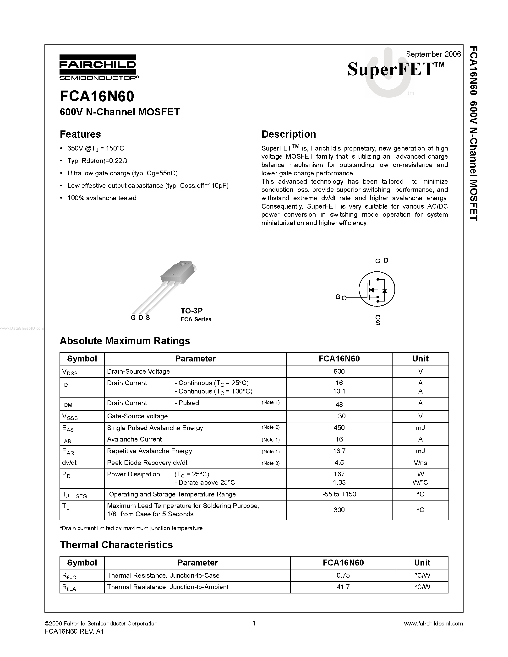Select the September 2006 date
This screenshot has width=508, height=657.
click(433, 54)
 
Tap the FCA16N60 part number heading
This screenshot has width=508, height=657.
click(97, 97)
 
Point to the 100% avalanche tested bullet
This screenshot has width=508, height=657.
click(102, 198)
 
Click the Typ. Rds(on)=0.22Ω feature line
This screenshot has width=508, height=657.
click(98, 161)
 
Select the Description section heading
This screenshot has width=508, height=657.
click(288, 134)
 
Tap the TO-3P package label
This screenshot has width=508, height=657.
click(192, 311)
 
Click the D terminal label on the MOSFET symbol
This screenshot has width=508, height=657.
click(386, 260)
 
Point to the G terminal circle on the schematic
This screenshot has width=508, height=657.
click(344, 298)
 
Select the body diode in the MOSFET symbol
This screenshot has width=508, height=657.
click(384, 291)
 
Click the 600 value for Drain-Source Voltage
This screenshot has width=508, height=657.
click(339, 372)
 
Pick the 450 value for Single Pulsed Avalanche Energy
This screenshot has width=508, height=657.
click(339, 428)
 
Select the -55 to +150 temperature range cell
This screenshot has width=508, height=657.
click(339, 494)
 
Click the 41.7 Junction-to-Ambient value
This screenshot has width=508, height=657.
click(343, 587)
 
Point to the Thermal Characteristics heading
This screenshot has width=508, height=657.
click(116, 545)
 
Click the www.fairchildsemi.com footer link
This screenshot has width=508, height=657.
click(433, 624)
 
